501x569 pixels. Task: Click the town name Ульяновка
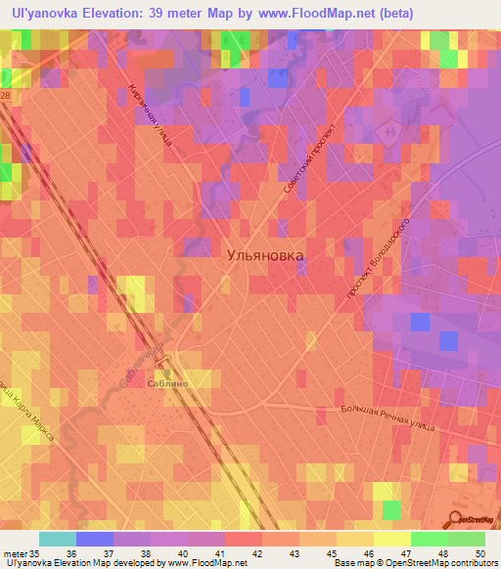pyautogui.click(x=264, y=254)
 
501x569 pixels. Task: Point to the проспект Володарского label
pyautogui.click(x=376, y=258)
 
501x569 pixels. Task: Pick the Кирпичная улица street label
pyautogui.click(x=150, y=114)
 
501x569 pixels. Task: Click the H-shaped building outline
pyautogui.click(x=392, y=130)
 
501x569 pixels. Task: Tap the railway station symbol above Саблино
pyautogui.click(x=166, y=372)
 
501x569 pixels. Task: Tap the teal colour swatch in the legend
pyautogui.click(x=58, y=539)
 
